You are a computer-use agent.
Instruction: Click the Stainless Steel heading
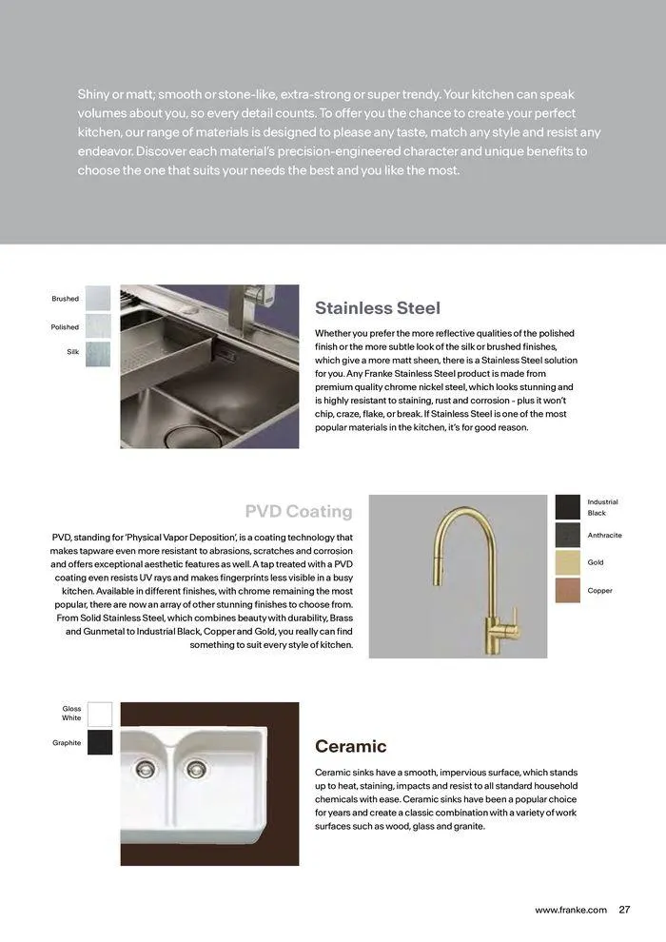click(x=377, y=308)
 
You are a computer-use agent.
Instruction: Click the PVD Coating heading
click(x=298, y=511)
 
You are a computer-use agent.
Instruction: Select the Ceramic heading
click(x=350, y=746)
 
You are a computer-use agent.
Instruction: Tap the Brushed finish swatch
click(x=98, y=299)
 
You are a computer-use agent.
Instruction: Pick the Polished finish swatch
click(x=98, y=326)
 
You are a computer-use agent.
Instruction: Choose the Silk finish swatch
click(x=98, y=354)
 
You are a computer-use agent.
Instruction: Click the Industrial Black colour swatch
click(x=568, y=507)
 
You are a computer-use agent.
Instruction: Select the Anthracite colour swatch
click(x=568, y=535)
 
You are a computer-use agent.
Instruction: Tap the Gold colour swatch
click(x=568, y=562)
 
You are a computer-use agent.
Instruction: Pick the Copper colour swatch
click(x=568, y=591)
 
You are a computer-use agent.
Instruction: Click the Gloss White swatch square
click(x=100, y=715)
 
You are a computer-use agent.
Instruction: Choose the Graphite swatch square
click(x=100, y=742)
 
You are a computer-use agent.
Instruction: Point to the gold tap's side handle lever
click(x=510, y=615)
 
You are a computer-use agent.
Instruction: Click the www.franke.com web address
click(x=570, y=910)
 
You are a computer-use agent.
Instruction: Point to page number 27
click(x=625, y=910)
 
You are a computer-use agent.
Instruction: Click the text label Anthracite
click(x=604, y=535)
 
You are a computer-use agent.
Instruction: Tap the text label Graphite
click(x=67, y=742)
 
